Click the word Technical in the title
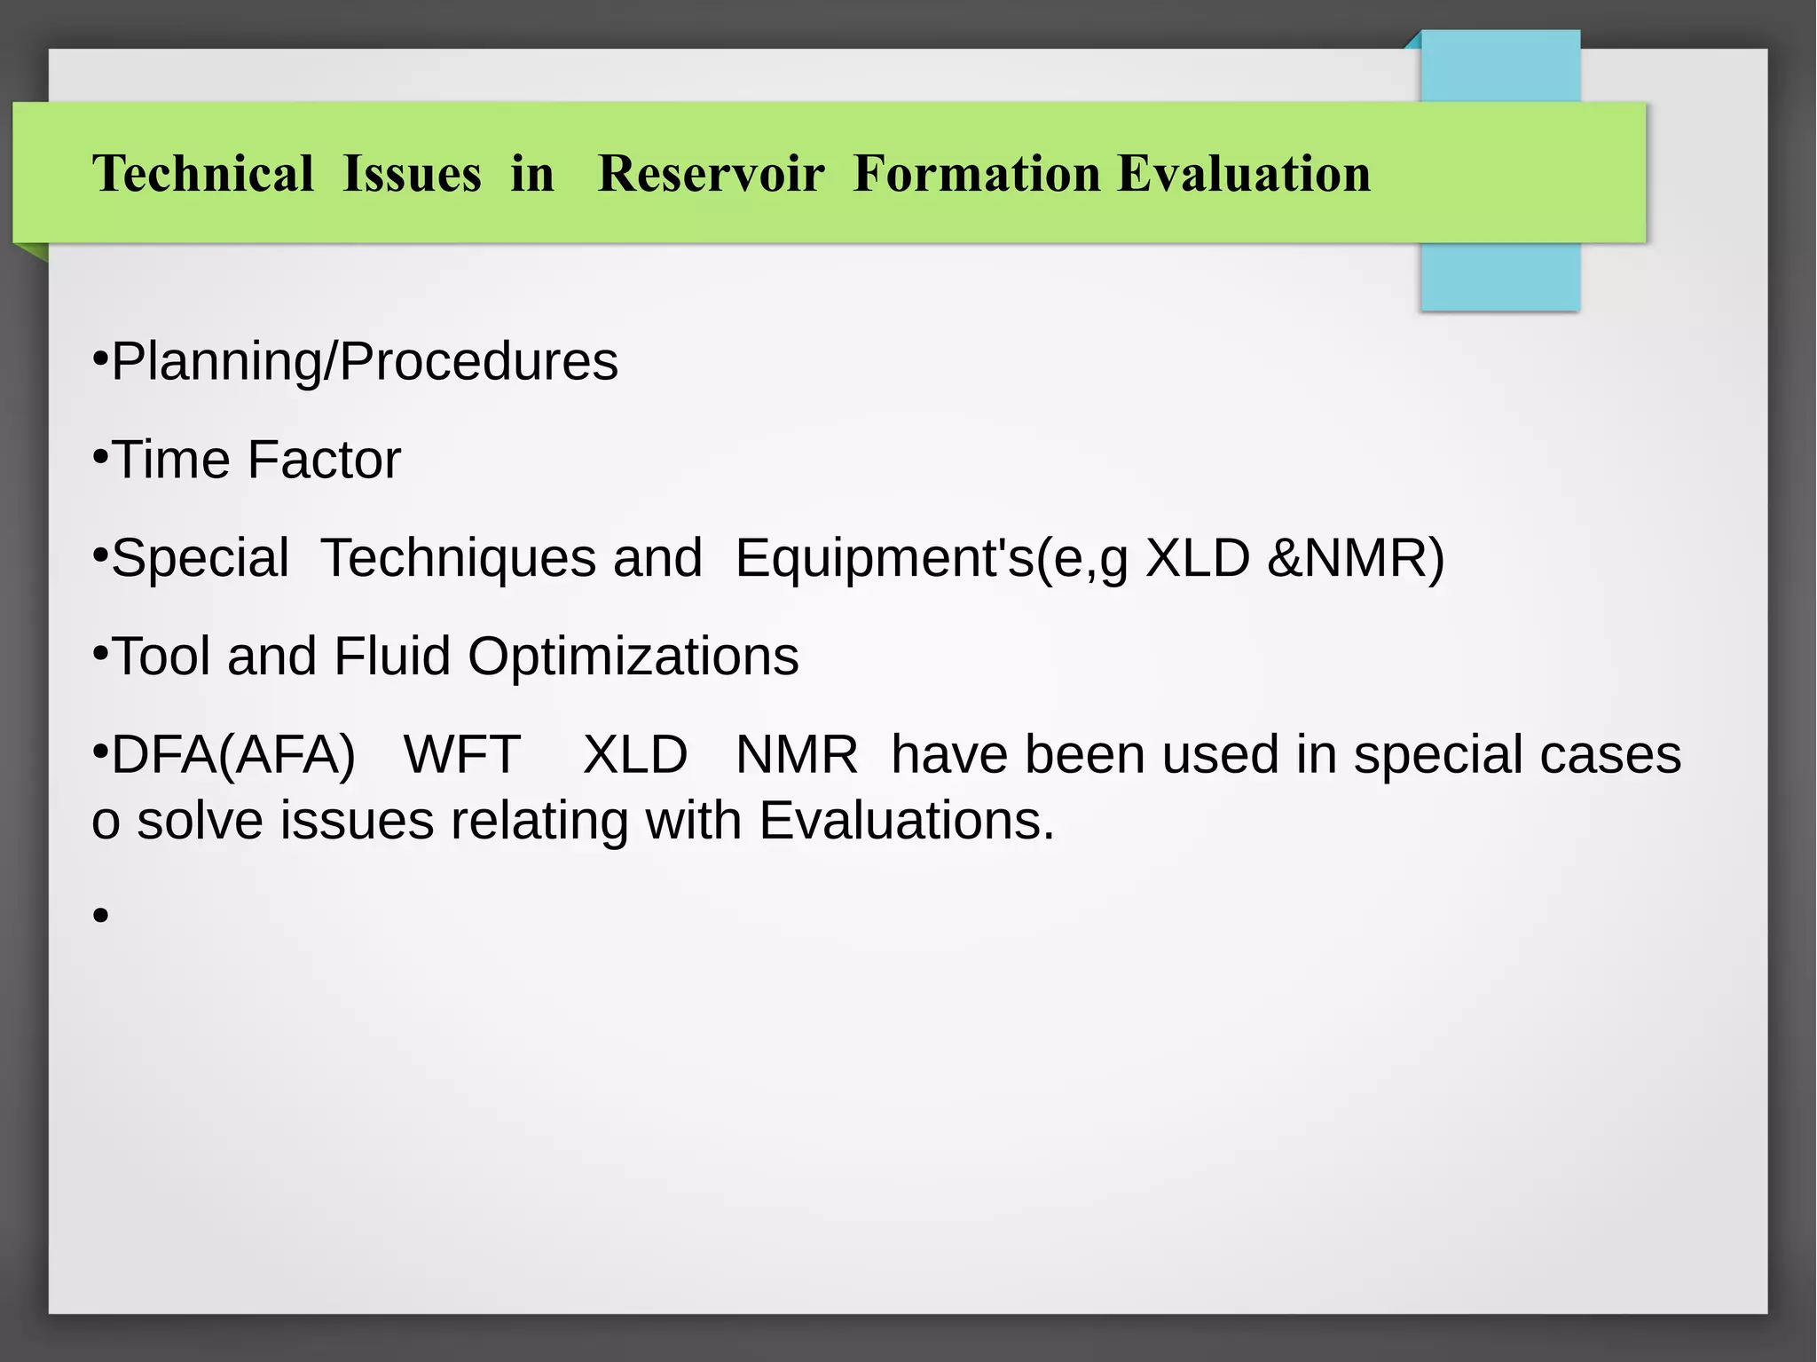point(203,173)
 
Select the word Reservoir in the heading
point(711,173)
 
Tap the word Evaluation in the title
point(1243,173)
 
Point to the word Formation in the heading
point(976,173)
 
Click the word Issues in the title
point(412,173)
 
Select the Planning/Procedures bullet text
point(364,362)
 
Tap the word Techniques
point(511,558)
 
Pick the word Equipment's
point(885,558)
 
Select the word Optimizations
point(633,657)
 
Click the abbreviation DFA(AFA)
point(232,755)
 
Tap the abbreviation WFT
point(461,755)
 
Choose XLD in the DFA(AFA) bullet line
point(635,755)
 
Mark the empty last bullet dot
point(100,915)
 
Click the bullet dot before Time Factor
point(100,457)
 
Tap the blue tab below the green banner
point(1499,277)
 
